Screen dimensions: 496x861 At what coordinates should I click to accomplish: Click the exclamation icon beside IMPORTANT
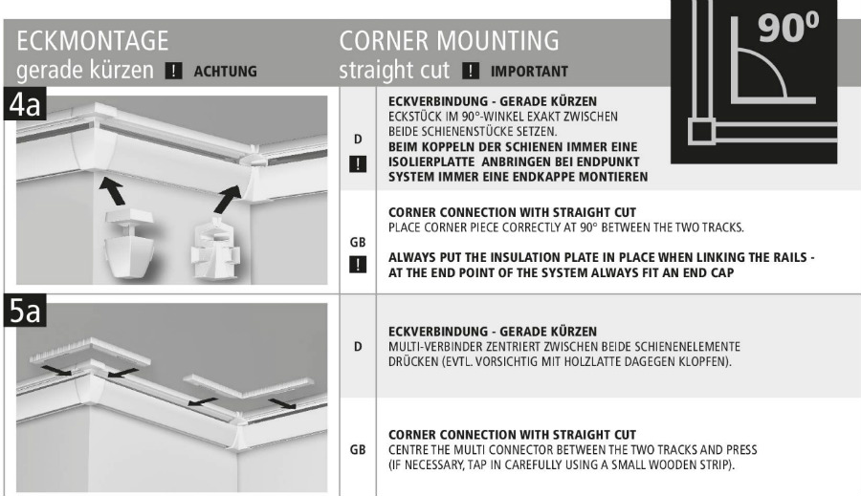point(471,71)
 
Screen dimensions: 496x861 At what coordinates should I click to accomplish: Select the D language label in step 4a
point(359,140)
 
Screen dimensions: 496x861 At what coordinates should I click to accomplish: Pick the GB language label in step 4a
point(359,245)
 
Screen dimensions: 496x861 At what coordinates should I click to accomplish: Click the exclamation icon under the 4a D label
point(359,162)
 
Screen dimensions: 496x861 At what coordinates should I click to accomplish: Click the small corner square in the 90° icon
point(702,132)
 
